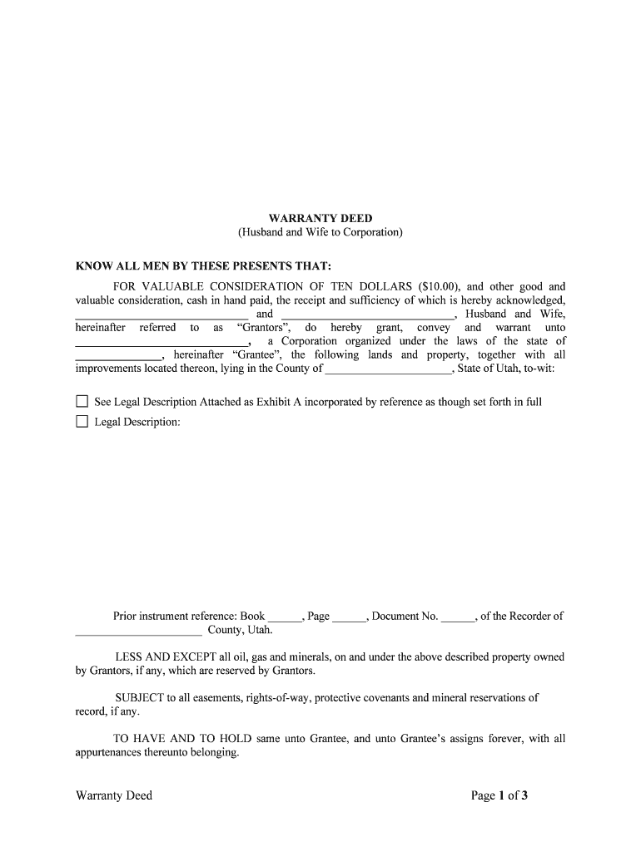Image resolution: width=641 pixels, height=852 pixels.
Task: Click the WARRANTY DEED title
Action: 320,219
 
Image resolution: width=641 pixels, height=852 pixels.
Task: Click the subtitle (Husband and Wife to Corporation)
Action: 320,232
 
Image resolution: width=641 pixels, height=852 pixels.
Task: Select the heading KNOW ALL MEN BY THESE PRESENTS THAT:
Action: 204,266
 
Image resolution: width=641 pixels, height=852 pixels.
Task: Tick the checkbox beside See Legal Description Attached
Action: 82,402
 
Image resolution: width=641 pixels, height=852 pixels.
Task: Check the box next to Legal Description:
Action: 82,422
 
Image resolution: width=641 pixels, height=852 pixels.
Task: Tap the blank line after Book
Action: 285,618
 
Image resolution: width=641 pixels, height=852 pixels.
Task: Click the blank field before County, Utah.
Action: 138,632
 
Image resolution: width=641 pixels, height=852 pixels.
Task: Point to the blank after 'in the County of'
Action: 388,369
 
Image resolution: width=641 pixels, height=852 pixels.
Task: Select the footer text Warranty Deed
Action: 114,796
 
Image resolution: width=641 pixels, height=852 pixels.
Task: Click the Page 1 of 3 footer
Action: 499,796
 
